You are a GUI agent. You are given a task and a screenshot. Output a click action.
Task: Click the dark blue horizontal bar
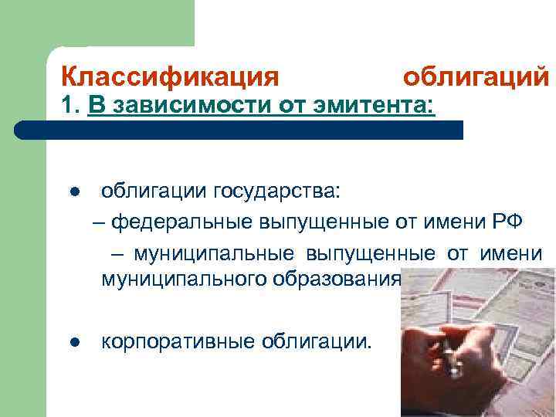255,130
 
